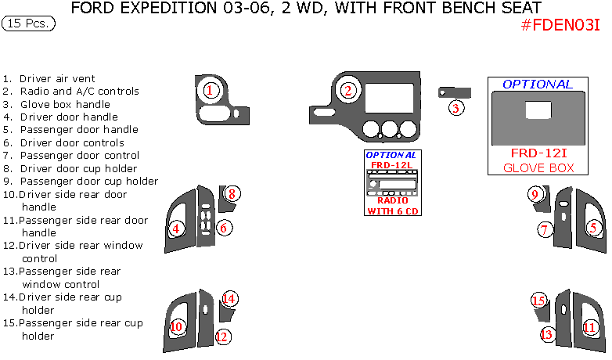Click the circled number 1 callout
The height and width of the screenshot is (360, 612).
(x=209, y=90)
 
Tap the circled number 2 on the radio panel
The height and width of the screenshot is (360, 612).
(x=347, y=90)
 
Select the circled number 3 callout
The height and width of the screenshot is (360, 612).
(x=456, y=107)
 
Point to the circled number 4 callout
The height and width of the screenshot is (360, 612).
(x=176, y=229)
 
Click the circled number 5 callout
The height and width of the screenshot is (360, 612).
(x=593, y=228)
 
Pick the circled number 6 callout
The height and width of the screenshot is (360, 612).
(x=223, y=228)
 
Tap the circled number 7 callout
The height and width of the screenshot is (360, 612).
(x=545, y=229)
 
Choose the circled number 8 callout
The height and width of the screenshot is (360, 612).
(x=232, y=193)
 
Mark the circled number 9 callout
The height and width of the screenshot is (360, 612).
(x=535, y=194)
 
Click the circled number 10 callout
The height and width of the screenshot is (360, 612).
(x=176, y=326)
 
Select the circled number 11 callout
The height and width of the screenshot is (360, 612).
(x=589, y=327)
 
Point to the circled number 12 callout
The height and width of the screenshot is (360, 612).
(x=223, y=337)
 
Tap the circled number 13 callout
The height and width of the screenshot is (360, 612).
(x=546, y=334)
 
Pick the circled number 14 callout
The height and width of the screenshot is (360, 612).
(x=229, y=298)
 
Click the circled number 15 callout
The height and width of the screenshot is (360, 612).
(x=538, y=301)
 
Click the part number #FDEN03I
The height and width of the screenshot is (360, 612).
(x=560, y=25)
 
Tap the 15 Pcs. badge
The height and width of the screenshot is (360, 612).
(x=29, y=23)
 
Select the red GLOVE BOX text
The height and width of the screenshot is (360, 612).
(x=538, y=168)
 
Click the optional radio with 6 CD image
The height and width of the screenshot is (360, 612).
(x=391, y=182)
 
